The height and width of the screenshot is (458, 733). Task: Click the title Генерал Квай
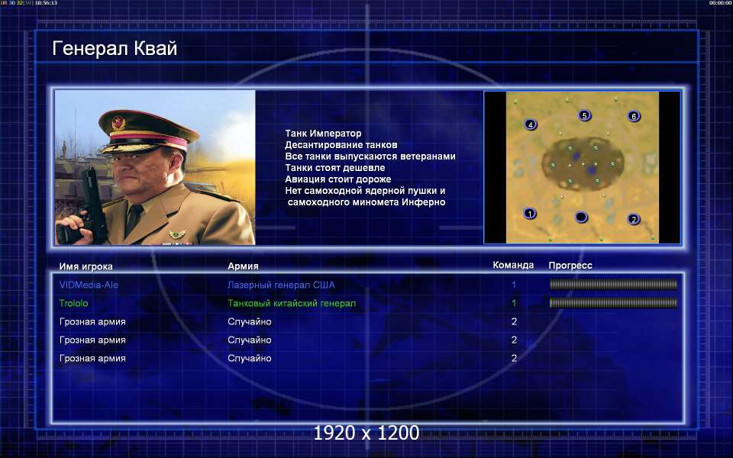coord(115,49)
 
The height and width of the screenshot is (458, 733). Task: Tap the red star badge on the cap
coord(118,122)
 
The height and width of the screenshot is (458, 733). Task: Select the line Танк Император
coord(323,134)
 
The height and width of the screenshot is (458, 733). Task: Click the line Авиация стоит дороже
coord(338,179)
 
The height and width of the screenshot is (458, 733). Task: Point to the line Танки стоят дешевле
coord(334,168)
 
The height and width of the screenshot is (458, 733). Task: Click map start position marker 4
coord(530,124)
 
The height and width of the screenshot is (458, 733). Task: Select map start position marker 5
coord(584,115)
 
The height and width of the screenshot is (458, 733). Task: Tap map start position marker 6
coord(634,116)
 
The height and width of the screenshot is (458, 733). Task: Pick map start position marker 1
coord(529,214)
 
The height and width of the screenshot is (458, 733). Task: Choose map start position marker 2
coord(634,219)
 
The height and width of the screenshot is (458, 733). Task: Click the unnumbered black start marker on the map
coord(580,217)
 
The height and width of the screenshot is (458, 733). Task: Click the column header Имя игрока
coord(86,266)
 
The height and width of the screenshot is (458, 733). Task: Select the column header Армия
coord(243,266)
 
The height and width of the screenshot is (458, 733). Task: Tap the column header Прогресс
coord(570,266)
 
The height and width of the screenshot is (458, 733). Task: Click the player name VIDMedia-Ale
coord(89,285)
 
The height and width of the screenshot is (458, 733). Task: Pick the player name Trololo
coord(73,303)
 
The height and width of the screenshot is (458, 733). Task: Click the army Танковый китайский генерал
coord(292,303)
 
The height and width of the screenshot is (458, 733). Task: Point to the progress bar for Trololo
coord(613,303)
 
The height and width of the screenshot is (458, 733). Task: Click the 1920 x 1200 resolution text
coord(366,433)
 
